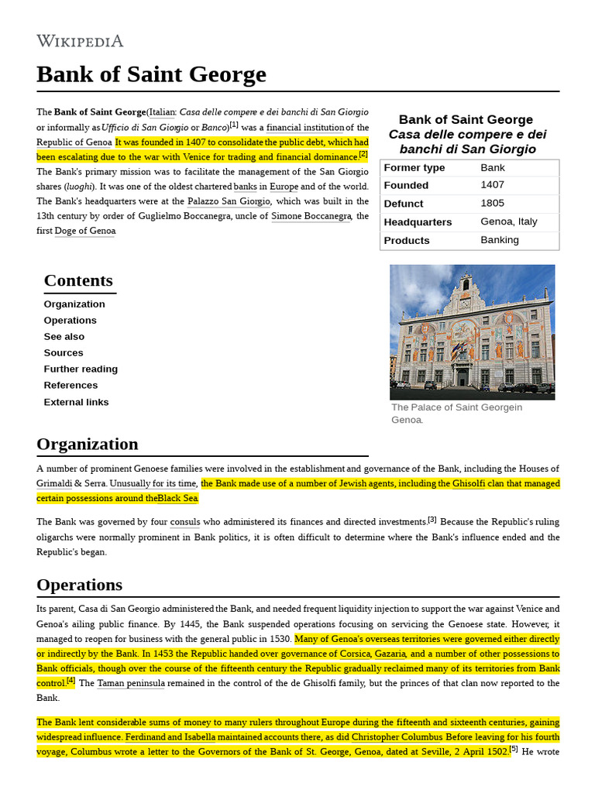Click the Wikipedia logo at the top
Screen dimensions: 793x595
coord(80,41)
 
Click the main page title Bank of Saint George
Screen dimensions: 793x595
coord(151,74)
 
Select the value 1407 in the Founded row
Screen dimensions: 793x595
coord(492,185)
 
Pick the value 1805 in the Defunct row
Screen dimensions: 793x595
coord(492,204)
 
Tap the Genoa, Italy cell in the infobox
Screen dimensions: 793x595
coord(508,221)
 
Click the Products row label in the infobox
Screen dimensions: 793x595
coord(407,240)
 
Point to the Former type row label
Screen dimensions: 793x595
coord(414,167)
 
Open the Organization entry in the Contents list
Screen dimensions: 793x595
coord(74,304)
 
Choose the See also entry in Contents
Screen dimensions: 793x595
coord(64,337)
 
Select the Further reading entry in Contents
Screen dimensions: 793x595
coord(81,369)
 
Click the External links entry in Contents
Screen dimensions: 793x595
coord(76,402)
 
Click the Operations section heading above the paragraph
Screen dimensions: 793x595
coord(79,585)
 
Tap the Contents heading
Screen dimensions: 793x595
coord(78,280)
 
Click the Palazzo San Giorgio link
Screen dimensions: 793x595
coord(229,201)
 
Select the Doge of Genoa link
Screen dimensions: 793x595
coord(85,231)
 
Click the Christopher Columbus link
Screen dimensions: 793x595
coord(397,736)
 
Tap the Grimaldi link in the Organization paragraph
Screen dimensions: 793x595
coord(54,483)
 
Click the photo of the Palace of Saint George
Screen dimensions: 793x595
coord(472,331)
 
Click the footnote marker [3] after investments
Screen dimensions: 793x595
coord(432,520)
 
